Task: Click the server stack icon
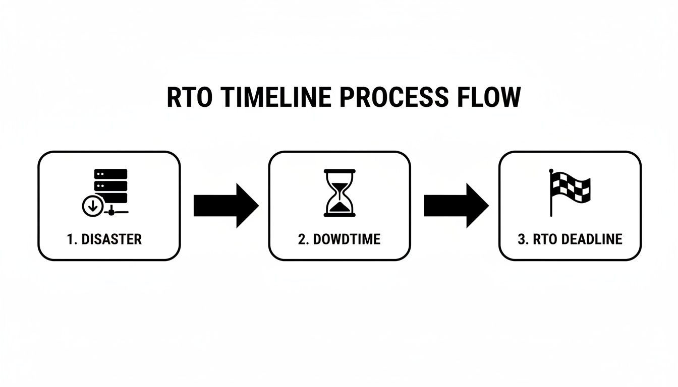pyautogui.click(x=110, y=186)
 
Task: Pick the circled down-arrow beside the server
pyautogui.click(x=92, y=206)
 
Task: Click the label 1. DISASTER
pyautogui.click(x=104, y=239)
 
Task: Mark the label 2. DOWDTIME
pyautogui.click(x=339, y=239)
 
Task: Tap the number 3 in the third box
pyautogui.click(x=522, y=239)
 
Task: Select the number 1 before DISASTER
pyautogui.click(x=70, y=239)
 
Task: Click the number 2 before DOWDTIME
pyautogui.click(x=302, y=239)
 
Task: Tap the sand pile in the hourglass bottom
pyautogui.click(x=339, y=207)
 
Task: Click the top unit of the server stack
pyautogui.click(x=110, y=174)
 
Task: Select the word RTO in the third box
pyautogui.click(x=544, y=239)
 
